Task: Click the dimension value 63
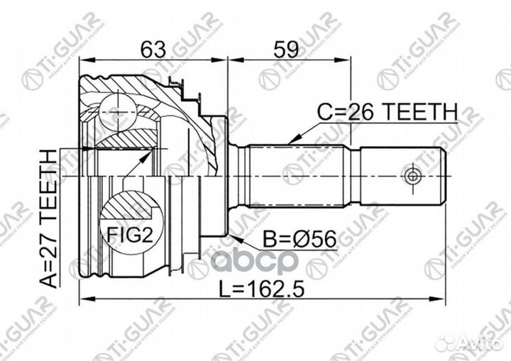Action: [x=153, y=50]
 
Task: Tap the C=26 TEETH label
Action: [x=387, y=111]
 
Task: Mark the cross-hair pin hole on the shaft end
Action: [x=412, y=174]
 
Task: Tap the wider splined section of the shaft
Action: [x=298, y=174]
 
